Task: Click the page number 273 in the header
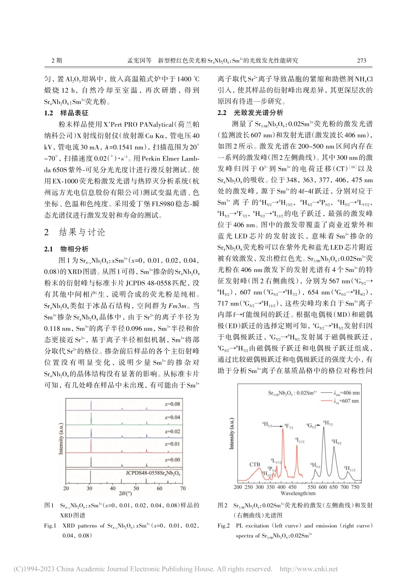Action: tap(361, 61)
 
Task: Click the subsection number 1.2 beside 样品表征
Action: tap(49, 113)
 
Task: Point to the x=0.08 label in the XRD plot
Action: tap(172, 404)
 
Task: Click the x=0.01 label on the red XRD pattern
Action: tap(172, 444)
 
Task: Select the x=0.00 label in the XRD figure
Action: tap(172, 459)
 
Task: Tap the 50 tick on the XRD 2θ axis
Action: tap(136, 488)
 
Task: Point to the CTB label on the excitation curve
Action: tap(255, 464)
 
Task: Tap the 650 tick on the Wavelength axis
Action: tap(334, 487)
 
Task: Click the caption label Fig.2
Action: tap(224, 525)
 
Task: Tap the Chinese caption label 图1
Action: tap(49, 505)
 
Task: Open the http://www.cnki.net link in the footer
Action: tap(309, 569)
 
